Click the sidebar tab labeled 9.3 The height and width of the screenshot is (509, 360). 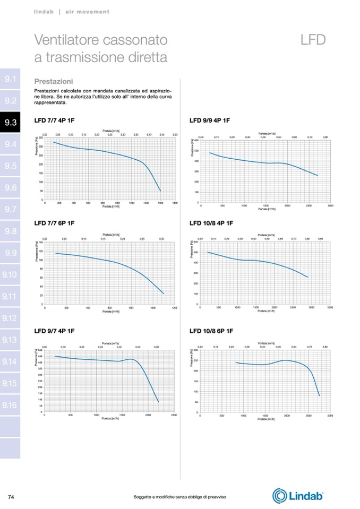[x=11, y=123]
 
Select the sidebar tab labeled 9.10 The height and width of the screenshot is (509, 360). [x=11, y=274]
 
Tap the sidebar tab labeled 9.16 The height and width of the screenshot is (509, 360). [x=11, y=405]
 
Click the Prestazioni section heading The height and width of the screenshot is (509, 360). [x=54, y=82]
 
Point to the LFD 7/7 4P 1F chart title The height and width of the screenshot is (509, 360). [x=54, y=120]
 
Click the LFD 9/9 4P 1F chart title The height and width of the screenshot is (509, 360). [x=210, y=120]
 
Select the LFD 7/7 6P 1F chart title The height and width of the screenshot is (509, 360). [x=54, y=223]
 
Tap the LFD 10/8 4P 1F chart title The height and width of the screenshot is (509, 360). [x=211, y=223]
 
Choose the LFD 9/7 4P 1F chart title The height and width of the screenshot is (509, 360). [x=54, y=331]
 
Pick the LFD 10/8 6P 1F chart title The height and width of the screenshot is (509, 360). [x=211, y=331]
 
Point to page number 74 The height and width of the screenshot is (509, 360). [x=11, y=496]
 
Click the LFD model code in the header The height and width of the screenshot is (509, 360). [x=312, y=40]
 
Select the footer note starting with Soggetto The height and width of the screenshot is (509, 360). [x=180, y=496]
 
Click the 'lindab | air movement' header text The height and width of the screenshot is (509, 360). [x=72, y=11]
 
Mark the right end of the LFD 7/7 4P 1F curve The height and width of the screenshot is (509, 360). [x=160, y=191]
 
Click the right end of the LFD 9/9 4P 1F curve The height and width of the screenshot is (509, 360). [x=318, y=176]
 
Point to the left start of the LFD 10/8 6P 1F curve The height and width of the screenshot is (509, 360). [x=235, y=363]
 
